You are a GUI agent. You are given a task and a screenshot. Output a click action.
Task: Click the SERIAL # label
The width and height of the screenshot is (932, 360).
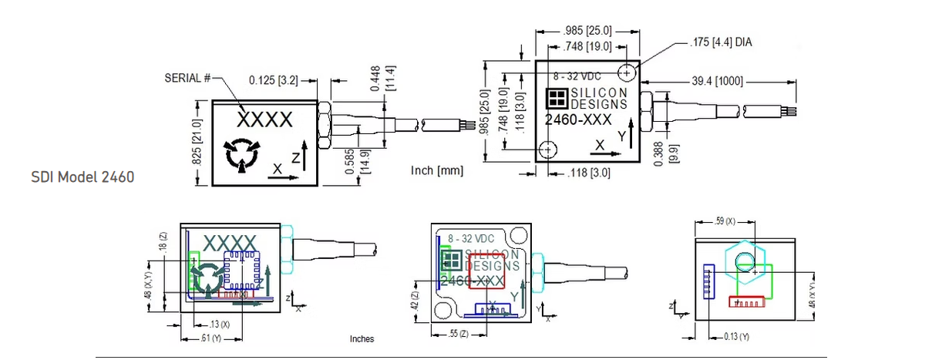tap(188, 78)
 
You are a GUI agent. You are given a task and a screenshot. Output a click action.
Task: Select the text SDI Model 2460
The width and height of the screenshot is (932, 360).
tap(82, 177)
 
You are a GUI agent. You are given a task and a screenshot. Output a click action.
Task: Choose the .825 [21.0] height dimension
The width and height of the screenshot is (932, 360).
tap(197, 143)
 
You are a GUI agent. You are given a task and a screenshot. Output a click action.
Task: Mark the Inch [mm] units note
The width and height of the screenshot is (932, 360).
tap(436, 170)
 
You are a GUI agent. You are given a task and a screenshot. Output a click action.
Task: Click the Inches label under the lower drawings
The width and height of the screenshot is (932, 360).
tap(362, 338)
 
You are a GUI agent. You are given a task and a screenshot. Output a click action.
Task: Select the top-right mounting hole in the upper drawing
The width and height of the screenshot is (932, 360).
tap(628, 72)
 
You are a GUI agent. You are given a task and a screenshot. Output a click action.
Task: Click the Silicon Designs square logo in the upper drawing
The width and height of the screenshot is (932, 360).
tap(557, 98)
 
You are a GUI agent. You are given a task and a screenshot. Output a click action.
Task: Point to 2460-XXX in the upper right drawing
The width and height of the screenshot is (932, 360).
tap(578, 120)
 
